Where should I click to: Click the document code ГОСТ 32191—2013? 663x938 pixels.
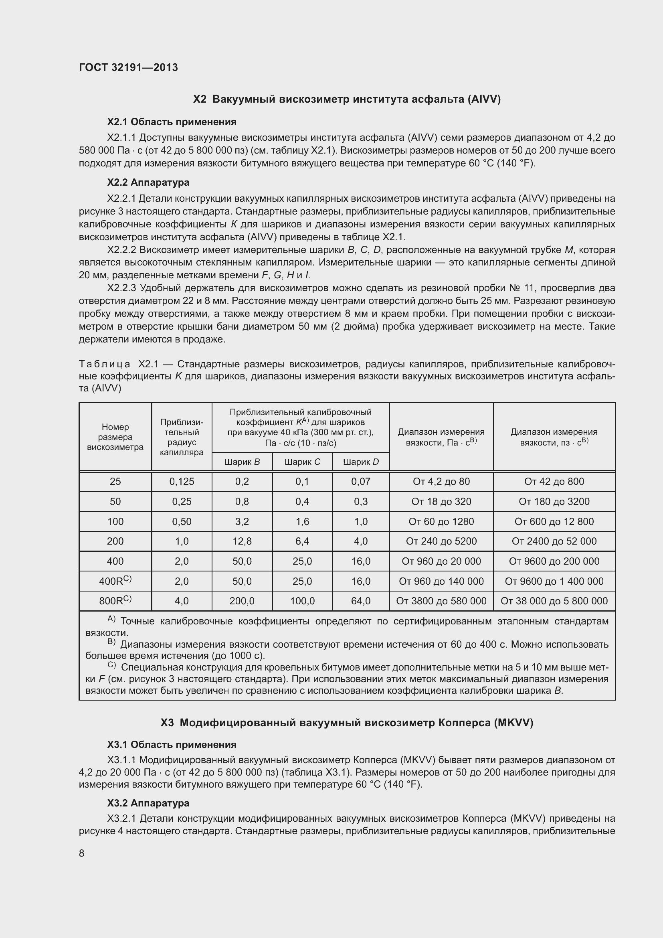128,67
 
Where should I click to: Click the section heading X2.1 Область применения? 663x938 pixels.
172,122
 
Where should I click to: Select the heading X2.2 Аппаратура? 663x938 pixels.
148,182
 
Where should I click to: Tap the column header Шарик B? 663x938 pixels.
242,462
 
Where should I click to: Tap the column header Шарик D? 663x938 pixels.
361,462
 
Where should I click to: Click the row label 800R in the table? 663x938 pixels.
115,601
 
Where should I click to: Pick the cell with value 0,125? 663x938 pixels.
182,481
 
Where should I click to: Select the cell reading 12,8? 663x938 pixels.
242,541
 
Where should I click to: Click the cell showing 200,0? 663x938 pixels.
242,601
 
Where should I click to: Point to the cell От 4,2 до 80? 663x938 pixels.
441,481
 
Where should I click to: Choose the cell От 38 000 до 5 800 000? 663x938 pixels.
554,601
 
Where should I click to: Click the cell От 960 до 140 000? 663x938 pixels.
441,581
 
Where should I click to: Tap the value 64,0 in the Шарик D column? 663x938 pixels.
361,601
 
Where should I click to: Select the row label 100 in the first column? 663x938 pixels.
115,521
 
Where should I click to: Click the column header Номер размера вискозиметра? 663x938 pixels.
115,437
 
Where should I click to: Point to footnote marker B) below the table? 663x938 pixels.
111,642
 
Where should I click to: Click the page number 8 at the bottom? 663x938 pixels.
82,853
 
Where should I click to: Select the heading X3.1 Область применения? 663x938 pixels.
172,744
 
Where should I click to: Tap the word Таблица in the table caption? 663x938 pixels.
105,364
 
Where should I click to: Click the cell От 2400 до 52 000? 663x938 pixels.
554,541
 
